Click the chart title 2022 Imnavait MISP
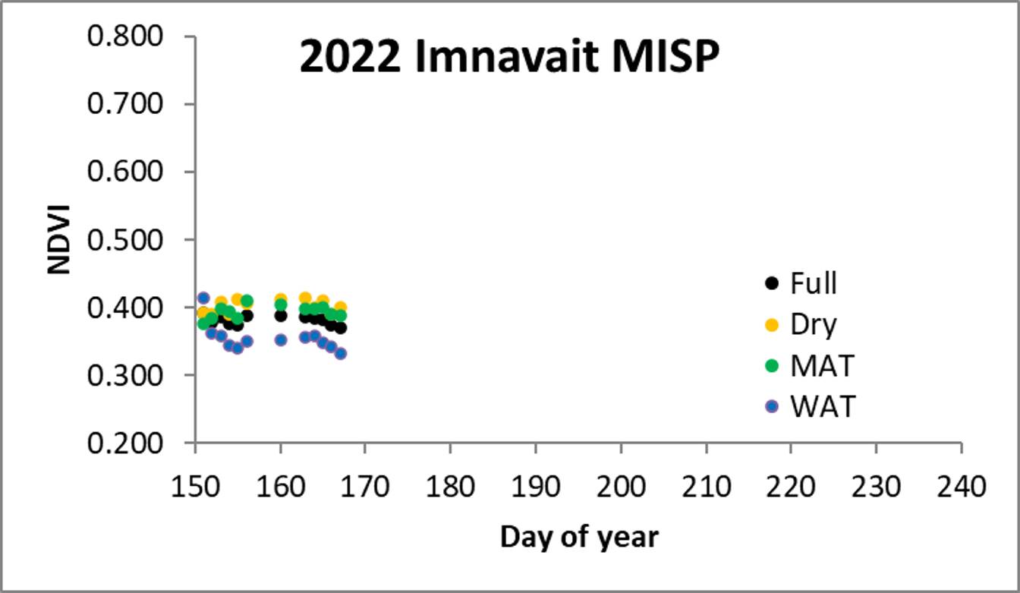click(x=508, y=58)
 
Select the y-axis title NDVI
click(x=59, y=239)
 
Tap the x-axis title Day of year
click(x=579, y=537)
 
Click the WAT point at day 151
click(x=203, y=298)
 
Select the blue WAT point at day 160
click(x=281, y=339)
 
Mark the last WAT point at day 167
click(x=340, y=353)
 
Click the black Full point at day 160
click(x=281, y=315)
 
